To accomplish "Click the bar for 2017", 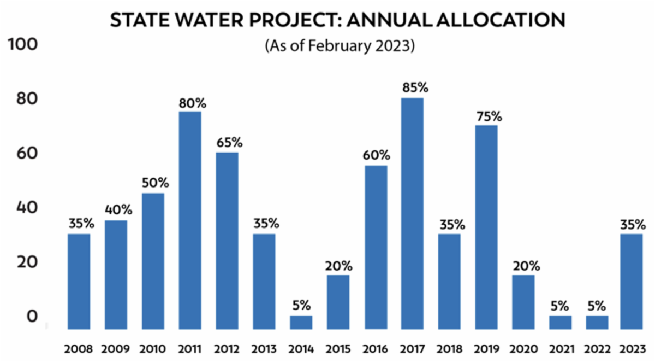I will coord(412,213).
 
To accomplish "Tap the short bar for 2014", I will coord(301,322).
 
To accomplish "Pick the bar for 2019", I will coord(486,227).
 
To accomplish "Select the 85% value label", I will coord(412,87).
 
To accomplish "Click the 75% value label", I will coord(486,116).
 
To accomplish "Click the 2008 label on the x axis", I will coord(79,348).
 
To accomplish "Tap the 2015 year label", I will coord(338,348).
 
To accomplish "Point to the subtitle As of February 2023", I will coord(340,46).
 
